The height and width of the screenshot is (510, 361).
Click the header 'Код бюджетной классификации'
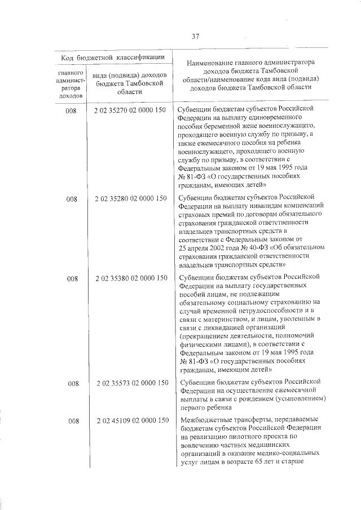pos(113,57)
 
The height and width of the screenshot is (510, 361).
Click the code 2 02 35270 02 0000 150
pos(130,109)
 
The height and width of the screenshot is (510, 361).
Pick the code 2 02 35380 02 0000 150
pos(130,278)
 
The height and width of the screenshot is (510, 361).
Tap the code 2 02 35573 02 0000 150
pos(130,383)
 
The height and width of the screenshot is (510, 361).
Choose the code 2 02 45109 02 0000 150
pos(130,420)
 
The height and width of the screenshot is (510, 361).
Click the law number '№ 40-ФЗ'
pos(254,246)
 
